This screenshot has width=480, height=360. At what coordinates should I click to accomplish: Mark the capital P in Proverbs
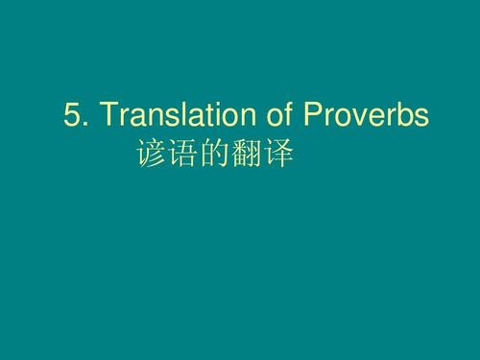point(312,117)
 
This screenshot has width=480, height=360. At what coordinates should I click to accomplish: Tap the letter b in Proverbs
point(403,117)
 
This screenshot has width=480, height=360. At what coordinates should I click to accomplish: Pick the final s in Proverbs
point(420,120)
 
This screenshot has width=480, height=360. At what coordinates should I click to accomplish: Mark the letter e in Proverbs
point(374,120)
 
